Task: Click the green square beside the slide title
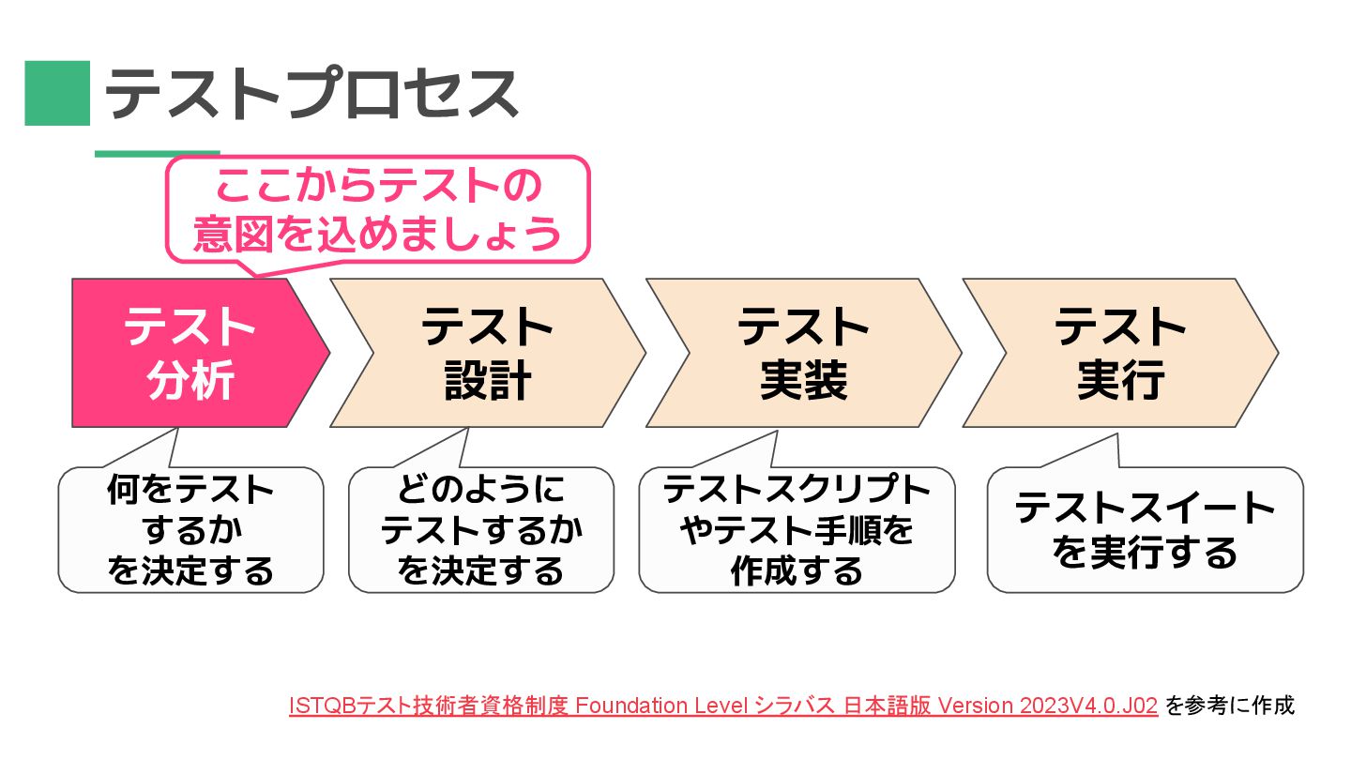point(57,93)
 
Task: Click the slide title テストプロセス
point(311,93)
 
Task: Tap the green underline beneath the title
point(157,153)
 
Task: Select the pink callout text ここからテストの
point(378,188)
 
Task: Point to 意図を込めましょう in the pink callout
point(378,235)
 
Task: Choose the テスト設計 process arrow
point(488,353)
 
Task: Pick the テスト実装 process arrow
point(804,353)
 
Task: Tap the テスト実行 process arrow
point(1120,353)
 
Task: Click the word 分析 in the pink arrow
point(190,381)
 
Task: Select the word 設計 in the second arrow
point(488,381)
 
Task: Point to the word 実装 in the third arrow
point(804,381)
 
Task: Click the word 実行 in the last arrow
point(1120,381)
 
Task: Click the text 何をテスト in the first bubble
point(190,490)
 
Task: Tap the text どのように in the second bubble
point(481,490)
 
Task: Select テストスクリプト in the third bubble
point(797,490)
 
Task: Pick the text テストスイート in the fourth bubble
point(1146,509)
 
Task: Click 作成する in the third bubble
point(797,570)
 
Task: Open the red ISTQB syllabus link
point(723,706)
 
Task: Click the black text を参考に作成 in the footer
point(1229,706)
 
